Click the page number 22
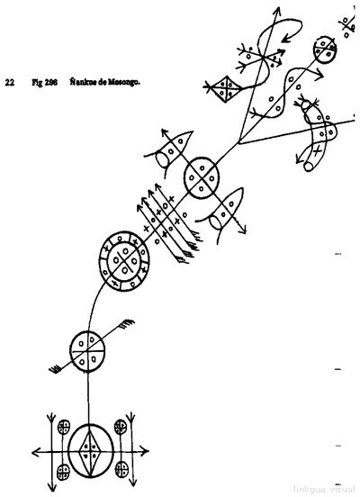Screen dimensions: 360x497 point(9,83)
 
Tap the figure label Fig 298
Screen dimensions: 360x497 point(44,83)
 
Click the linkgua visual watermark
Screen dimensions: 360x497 point(324,488)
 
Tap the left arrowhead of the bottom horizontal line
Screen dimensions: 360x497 point(35,452)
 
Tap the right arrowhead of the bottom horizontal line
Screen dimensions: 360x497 point(145,451)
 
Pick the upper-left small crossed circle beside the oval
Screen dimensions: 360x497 point(64,427)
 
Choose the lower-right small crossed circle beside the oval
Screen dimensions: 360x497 point(121,469)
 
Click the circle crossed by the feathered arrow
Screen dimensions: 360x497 point(87,351)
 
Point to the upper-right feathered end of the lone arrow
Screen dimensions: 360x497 point(127,323)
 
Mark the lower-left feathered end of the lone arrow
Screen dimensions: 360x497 point(56,369)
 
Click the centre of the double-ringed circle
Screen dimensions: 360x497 point(124,261)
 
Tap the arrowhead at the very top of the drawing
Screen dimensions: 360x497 point(277,12)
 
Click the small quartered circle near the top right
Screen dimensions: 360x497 point(325,50)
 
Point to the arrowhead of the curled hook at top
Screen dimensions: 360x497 point(286,39)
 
